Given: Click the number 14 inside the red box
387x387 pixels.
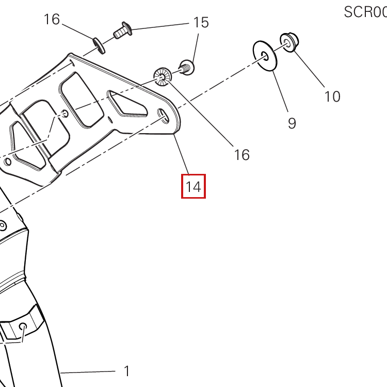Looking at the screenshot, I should [x=193, y=186].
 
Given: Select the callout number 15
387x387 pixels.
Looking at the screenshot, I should [x=201, y=22].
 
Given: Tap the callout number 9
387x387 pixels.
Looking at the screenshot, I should [x=292, y=123].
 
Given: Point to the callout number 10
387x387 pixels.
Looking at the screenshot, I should [x=332, y=96].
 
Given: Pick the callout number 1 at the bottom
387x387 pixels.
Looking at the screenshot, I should [x=126, y=371].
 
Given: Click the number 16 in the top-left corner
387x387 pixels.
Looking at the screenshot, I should [x=52, y=20].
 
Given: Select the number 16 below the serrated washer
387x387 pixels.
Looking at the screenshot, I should [x=241, y=154].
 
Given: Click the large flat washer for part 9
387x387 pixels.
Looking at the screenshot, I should [x=266, y=55].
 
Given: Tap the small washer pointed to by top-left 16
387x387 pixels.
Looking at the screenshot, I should [x=99, y=45].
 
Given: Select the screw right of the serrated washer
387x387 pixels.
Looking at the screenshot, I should [x=186, y=67].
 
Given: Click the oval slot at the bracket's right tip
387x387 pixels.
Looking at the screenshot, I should [x=164, y=116].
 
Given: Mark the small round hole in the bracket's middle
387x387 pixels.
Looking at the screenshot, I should [x=64, y=114].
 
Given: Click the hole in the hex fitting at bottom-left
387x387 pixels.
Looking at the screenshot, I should [x=23, y=327].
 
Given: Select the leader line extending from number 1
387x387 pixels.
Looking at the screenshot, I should [x=88, y=372].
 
